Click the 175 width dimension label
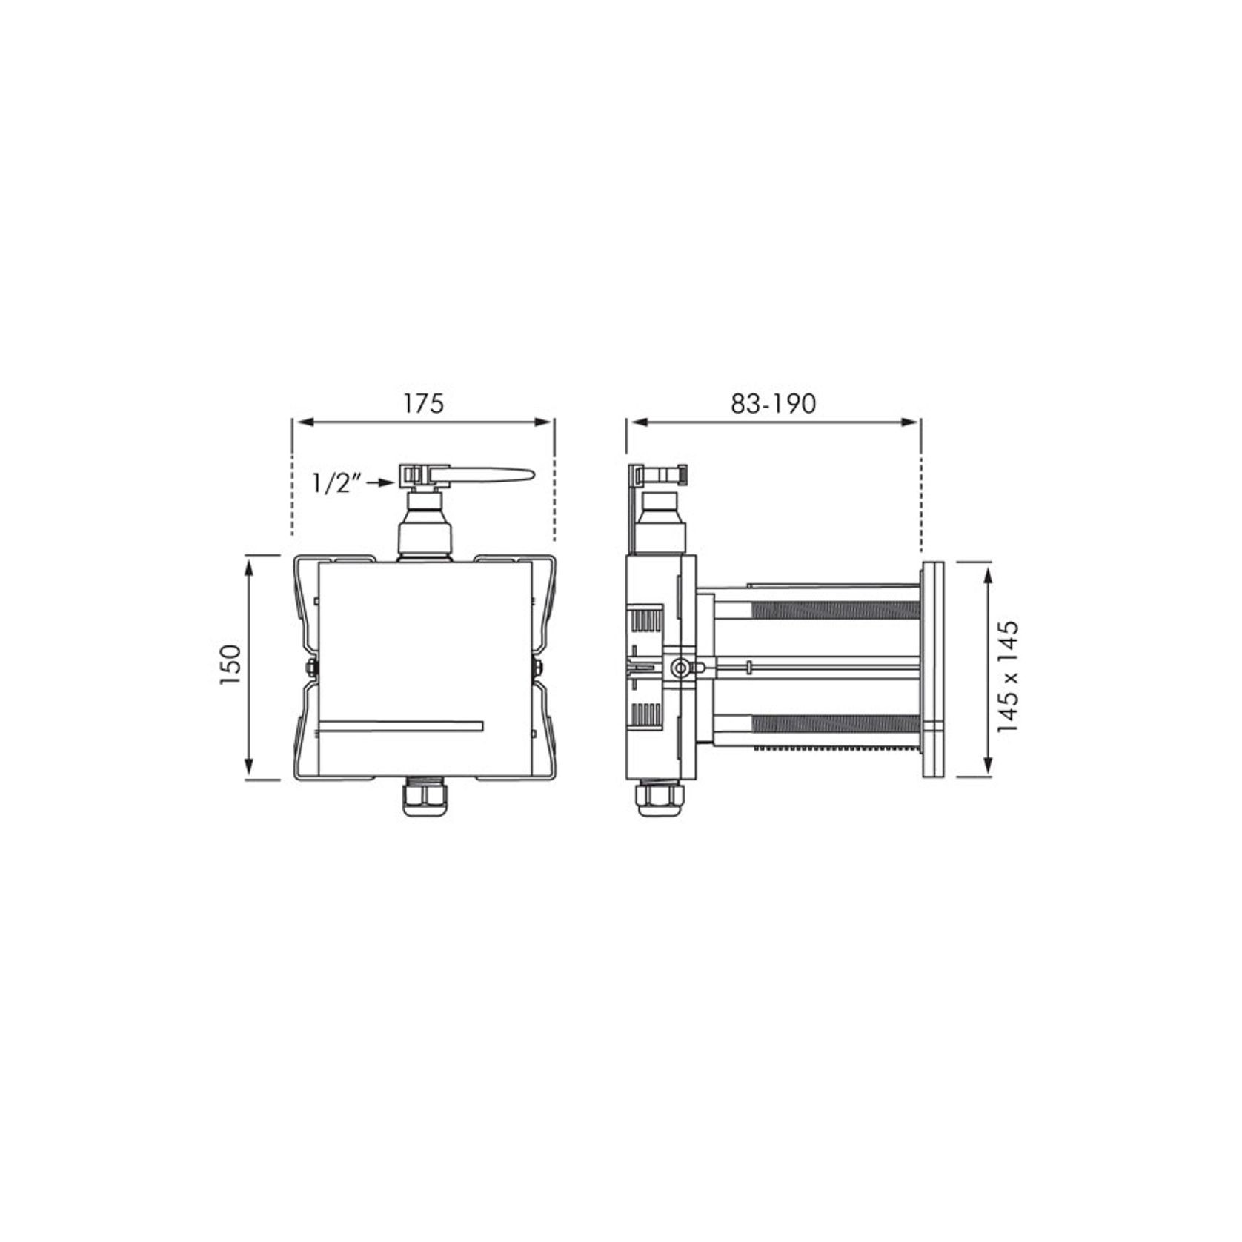pos(423,403)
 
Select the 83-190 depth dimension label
pos(773,403)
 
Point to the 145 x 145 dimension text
pos(1009,676)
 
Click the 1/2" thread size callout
pos(336,483)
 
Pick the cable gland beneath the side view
pos(659,799)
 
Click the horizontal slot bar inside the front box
pos(400,725)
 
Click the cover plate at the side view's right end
pos(932,669)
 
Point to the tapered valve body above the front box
pos(424,526)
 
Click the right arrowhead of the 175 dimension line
pos(545,422)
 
